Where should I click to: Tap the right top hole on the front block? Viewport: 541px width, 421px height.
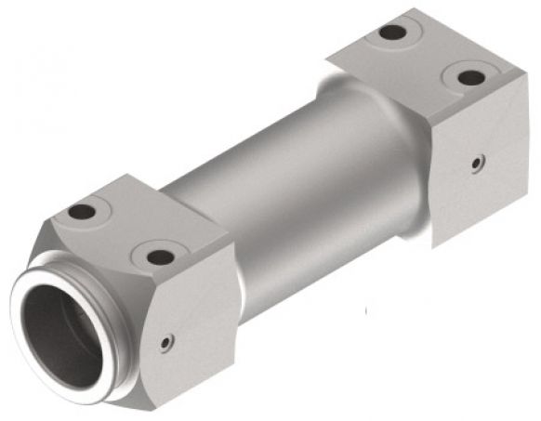coord(160,256)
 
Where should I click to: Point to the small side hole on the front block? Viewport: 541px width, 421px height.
coord(165,343)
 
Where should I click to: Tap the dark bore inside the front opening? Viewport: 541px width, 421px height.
coord(58,335)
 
